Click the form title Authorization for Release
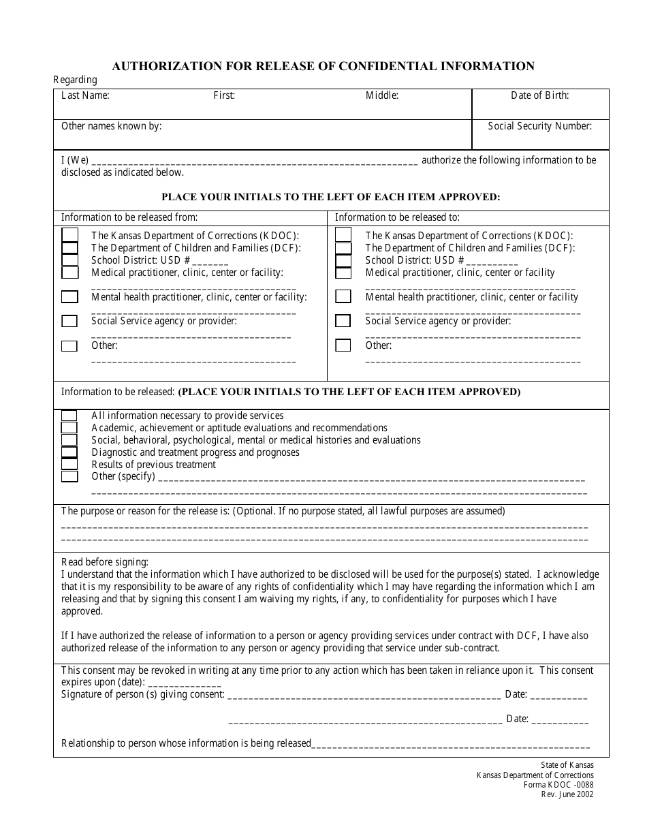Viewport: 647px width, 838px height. [323, 66]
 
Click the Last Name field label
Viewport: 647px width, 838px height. [85, 95]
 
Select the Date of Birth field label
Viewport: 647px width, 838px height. [539, 95]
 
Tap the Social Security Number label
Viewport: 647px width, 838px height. [539, 126]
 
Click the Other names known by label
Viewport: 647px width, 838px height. [111, 126]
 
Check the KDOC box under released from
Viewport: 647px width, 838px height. [69, 235]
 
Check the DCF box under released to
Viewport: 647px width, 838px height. [343, 248]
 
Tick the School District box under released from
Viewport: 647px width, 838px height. [69, 260]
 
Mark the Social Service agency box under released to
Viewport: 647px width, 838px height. [343, 321]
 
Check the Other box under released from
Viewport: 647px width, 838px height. [69, 346]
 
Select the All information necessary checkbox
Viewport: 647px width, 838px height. [69, 416]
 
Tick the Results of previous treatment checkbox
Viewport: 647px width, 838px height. [69, 465]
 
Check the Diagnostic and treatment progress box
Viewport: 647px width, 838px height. [69, 452]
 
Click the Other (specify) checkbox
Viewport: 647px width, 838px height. [69, 477]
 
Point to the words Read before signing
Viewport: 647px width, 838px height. [104, 562]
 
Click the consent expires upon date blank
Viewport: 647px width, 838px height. [184, 683]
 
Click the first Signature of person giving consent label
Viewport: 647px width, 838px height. [142, 694]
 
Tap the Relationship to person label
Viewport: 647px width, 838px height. [186, 743]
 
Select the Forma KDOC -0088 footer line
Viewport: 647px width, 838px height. [558, 785]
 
